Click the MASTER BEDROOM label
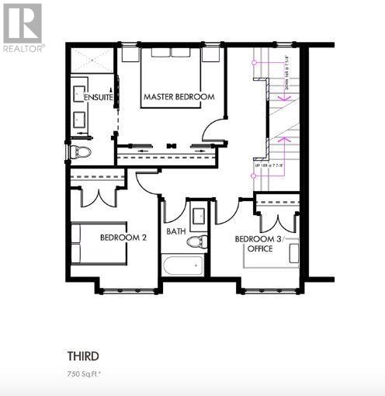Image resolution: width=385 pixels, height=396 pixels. [x=179, y=96]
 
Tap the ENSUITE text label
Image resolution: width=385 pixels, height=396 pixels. [x=99, y=97]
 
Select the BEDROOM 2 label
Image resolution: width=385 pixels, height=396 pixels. [x=123, y=238]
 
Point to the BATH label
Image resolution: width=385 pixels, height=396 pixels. [x=175, y=231]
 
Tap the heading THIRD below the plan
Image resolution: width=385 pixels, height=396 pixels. [x=83, y=356]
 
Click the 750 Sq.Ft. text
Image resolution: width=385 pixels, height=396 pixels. [x=85, y=373]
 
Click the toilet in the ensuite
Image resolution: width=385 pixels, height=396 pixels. [x=81, y=151]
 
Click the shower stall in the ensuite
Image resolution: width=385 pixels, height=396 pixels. [x=92, y=61]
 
